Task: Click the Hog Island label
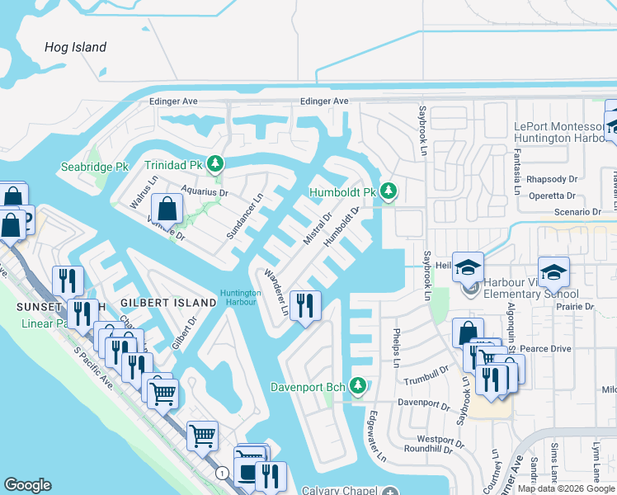[x=75, y=47]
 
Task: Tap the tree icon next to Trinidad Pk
[x=215, y=164]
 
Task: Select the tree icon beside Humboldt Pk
[x=389, y=192]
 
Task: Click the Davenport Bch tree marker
[x=357, y=385]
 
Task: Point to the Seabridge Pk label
[x=95, y=167]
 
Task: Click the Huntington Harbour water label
[x=240, y=296]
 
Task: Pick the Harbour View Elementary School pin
[x=470, y=288]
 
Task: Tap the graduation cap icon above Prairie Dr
[x=553, y=272]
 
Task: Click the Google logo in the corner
[x=27, y=485]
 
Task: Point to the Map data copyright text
[x=567, y=488]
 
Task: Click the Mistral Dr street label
[x=316, y=229]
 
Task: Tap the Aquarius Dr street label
[x=204, y=191]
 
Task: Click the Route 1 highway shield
[x=223, y=473]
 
